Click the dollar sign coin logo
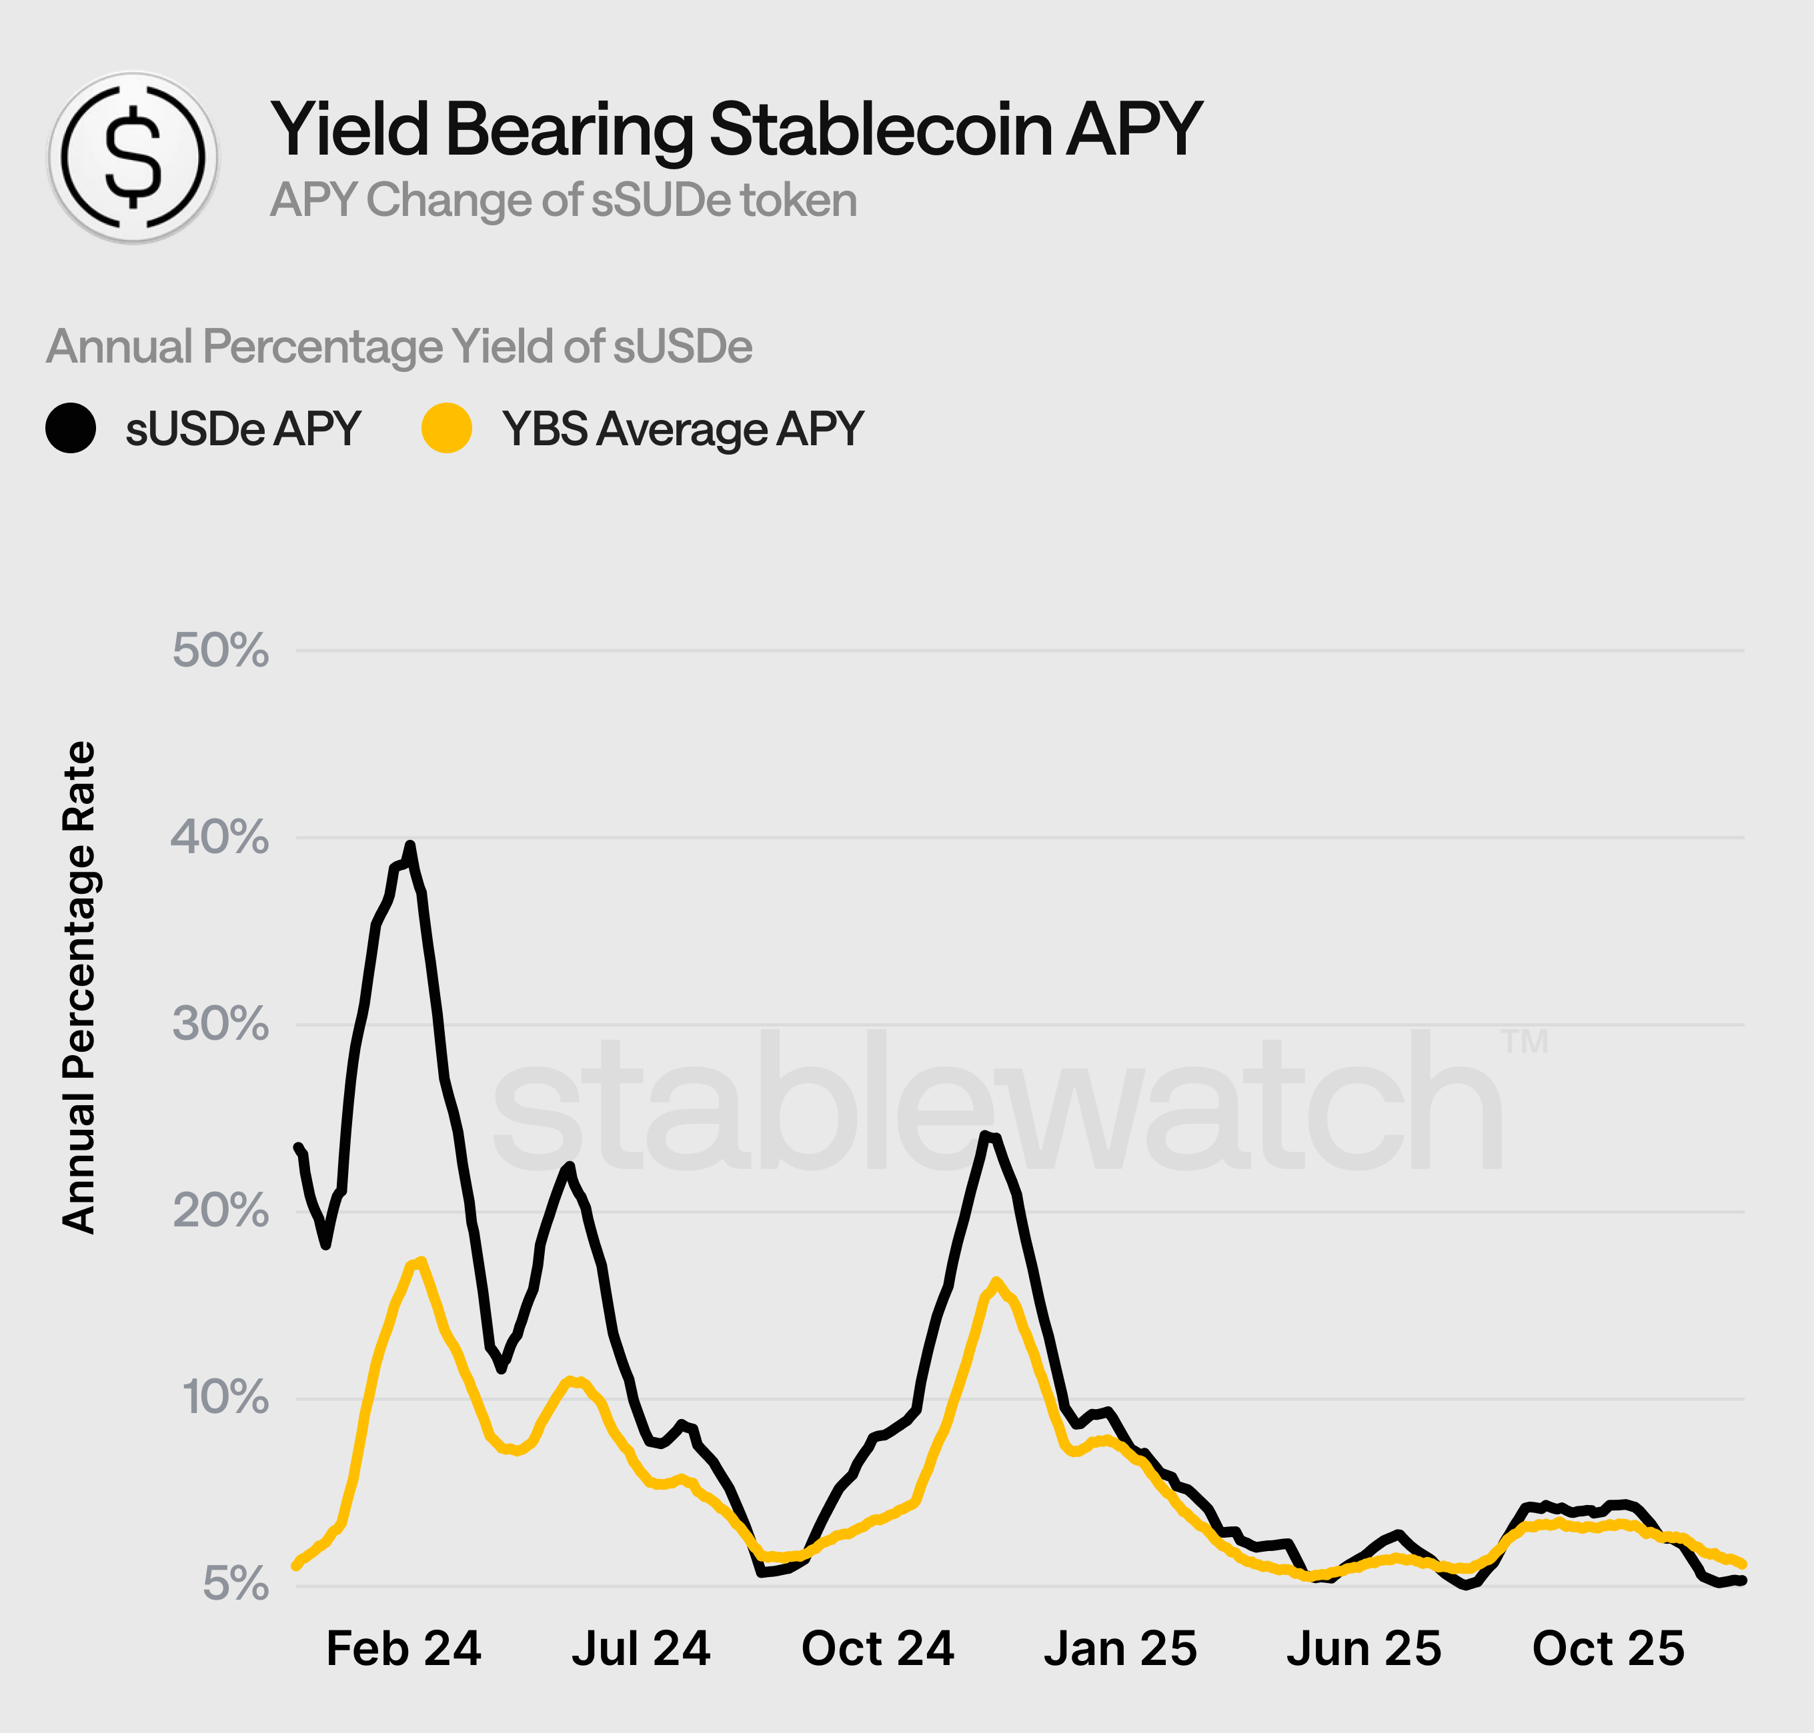(134, 157)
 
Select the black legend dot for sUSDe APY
(70, 429)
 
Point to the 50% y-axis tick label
(220, 651)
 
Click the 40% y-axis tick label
(220, 838)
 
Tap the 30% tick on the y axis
(220, 1024)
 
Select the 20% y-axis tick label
(220, 1211)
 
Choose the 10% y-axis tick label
(225, 1398)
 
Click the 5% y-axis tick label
(235, 1585)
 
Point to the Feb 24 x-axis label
(404, 1649)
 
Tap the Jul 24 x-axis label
(640, 1649)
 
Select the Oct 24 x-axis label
(877, 1649)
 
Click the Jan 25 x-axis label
(1120, 1649)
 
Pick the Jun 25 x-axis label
(1363, 1649)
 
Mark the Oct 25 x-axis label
(1608, 1649)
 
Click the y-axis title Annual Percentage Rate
(79, 986)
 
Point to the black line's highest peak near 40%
(410, 847)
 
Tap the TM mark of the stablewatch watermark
(1524, 1042)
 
